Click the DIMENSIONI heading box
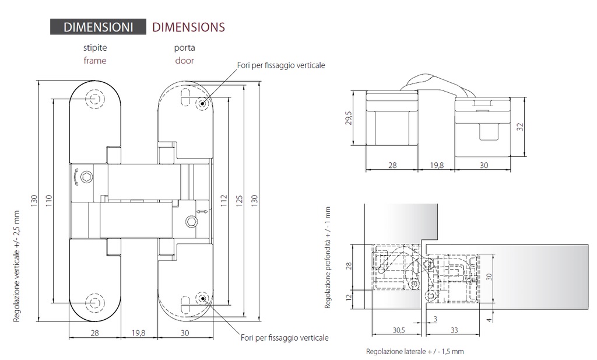click(98, 27)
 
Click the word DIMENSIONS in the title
click(188, 27)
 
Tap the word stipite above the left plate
click(95, 48)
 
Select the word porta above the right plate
click(184, 48)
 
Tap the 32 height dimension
click(519, 126)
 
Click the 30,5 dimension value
click(399, 330)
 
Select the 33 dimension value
click(454, 330)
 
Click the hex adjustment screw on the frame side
click(86, 177)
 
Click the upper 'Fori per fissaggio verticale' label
click(280, 65)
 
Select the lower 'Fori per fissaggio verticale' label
click(285, 338)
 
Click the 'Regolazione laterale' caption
click(415, 352)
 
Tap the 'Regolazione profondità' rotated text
click(328, 257)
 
